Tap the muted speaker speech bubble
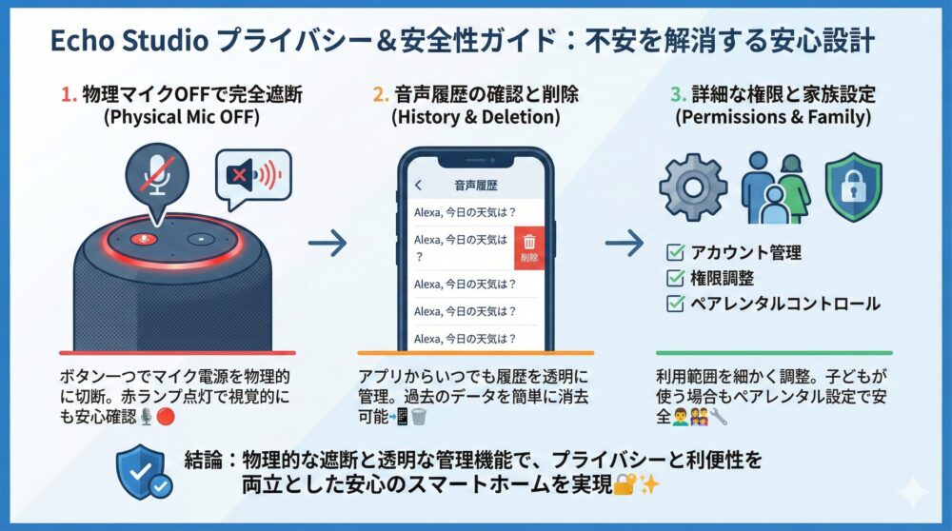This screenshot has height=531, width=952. click(x=252, y=176)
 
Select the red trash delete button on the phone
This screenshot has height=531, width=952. click(x=529, y=248)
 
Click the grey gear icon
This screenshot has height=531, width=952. click(x=693, y=187)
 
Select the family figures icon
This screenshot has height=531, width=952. click(x=774, y=187)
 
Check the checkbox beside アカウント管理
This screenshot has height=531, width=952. click(x=675, y=253)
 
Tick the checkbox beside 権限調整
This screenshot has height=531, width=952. click(x=675, y=279)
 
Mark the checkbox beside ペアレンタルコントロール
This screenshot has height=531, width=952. click(x=675, y=305)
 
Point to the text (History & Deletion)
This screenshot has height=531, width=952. click(x=475, y=119)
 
